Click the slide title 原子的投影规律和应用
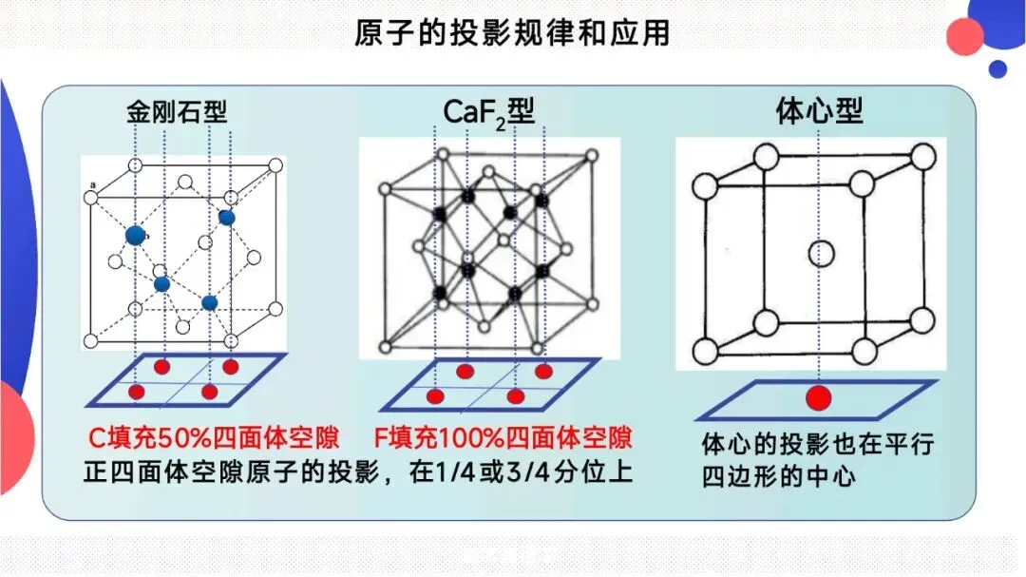(512, 34)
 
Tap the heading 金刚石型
(177, 112)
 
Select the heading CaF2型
(489, 112)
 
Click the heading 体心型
(819, 112)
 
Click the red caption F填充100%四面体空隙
(503, 438)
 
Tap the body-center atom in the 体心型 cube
(821, 254)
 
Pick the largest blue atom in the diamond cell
(136, 235)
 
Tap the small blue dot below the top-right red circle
(997, 69)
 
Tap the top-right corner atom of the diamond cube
(275, 165)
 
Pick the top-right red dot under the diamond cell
(231, 367)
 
